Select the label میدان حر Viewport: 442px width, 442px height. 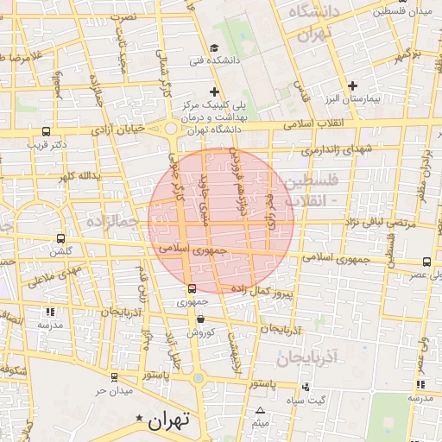click(112, 391)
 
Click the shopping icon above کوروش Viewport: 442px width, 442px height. click(200, 319)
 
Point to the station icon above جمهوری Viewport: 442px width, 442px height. click(192, 289)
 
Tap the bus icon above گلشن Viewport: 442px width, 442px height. click(60, 238)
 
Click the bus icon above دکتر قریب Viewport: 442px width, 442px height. click(46, 132)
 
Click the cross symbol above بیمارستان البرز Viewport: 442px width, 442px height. click(352, 85)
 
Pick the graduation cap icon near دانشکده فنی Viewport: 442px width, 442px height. click(215, 47)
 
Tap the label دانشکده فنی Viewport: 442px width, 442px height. click(211, 62)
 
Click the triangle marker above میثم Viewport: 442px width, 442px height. click(260, 410)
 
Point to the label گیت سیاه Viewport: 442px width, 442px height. click(307, 399)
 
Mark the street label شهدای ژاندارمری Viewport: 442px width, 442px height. click(338, 149)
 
